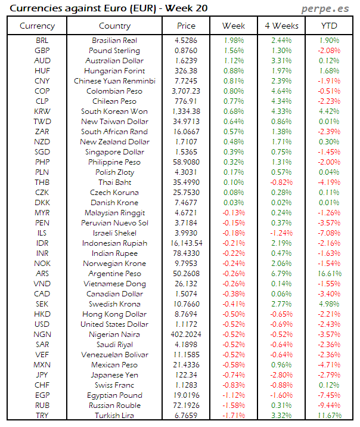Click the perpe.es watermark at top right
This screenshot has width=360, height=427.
(325, 8)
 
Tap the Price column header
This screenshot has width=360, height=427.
(186, 26)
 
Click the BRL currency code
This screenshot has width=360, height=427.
(42, 41)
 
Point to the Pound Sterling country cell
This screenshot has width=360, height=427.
(114, 51)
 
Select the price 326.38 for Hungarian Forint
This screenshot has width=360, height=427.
(186, 71)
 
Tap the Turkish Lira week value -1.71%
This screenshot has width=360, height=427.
(233, 416)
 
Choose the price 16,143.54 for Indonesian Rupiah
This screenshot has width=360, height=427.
(186, 243)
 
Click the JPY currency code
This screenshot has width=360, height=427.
(42, 375)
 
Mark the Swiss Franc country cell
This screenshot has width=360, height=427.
(114, 385)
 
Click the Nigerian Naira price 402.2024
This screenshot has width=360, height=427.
(186, 335)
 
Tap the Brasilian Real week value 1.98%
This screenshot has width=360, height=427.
(233, 41)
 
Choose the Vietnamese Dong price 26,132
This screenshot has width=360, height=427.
(186, 284)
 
